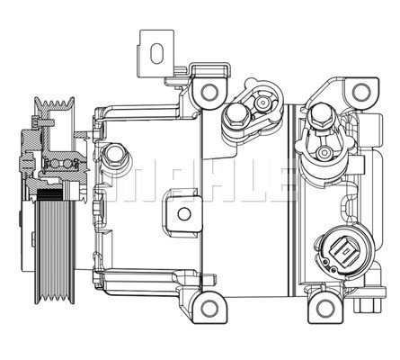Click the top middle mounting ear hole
tap(210, 91)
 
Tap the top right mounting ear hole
tap(360, 92)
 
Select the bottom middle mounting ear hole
tap(209, 308)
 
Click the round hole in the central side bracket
tap(183, 213)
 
